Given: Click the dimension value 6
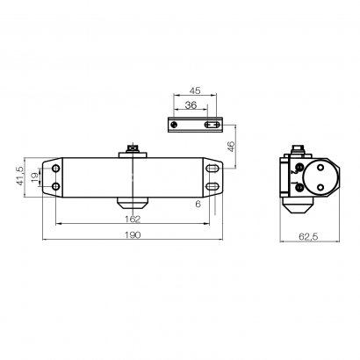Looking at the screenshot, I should [x=198, y=203].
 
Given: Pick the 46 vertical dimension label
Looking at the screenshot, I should [x=231, y=149].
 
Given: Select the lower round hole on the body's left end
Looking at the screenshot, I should [x=57, y=187].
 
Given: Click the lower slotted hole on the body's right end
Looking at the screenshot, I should [x=213, y=187].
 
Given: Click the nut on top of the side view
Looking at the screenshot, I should [x=299, y=148].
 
